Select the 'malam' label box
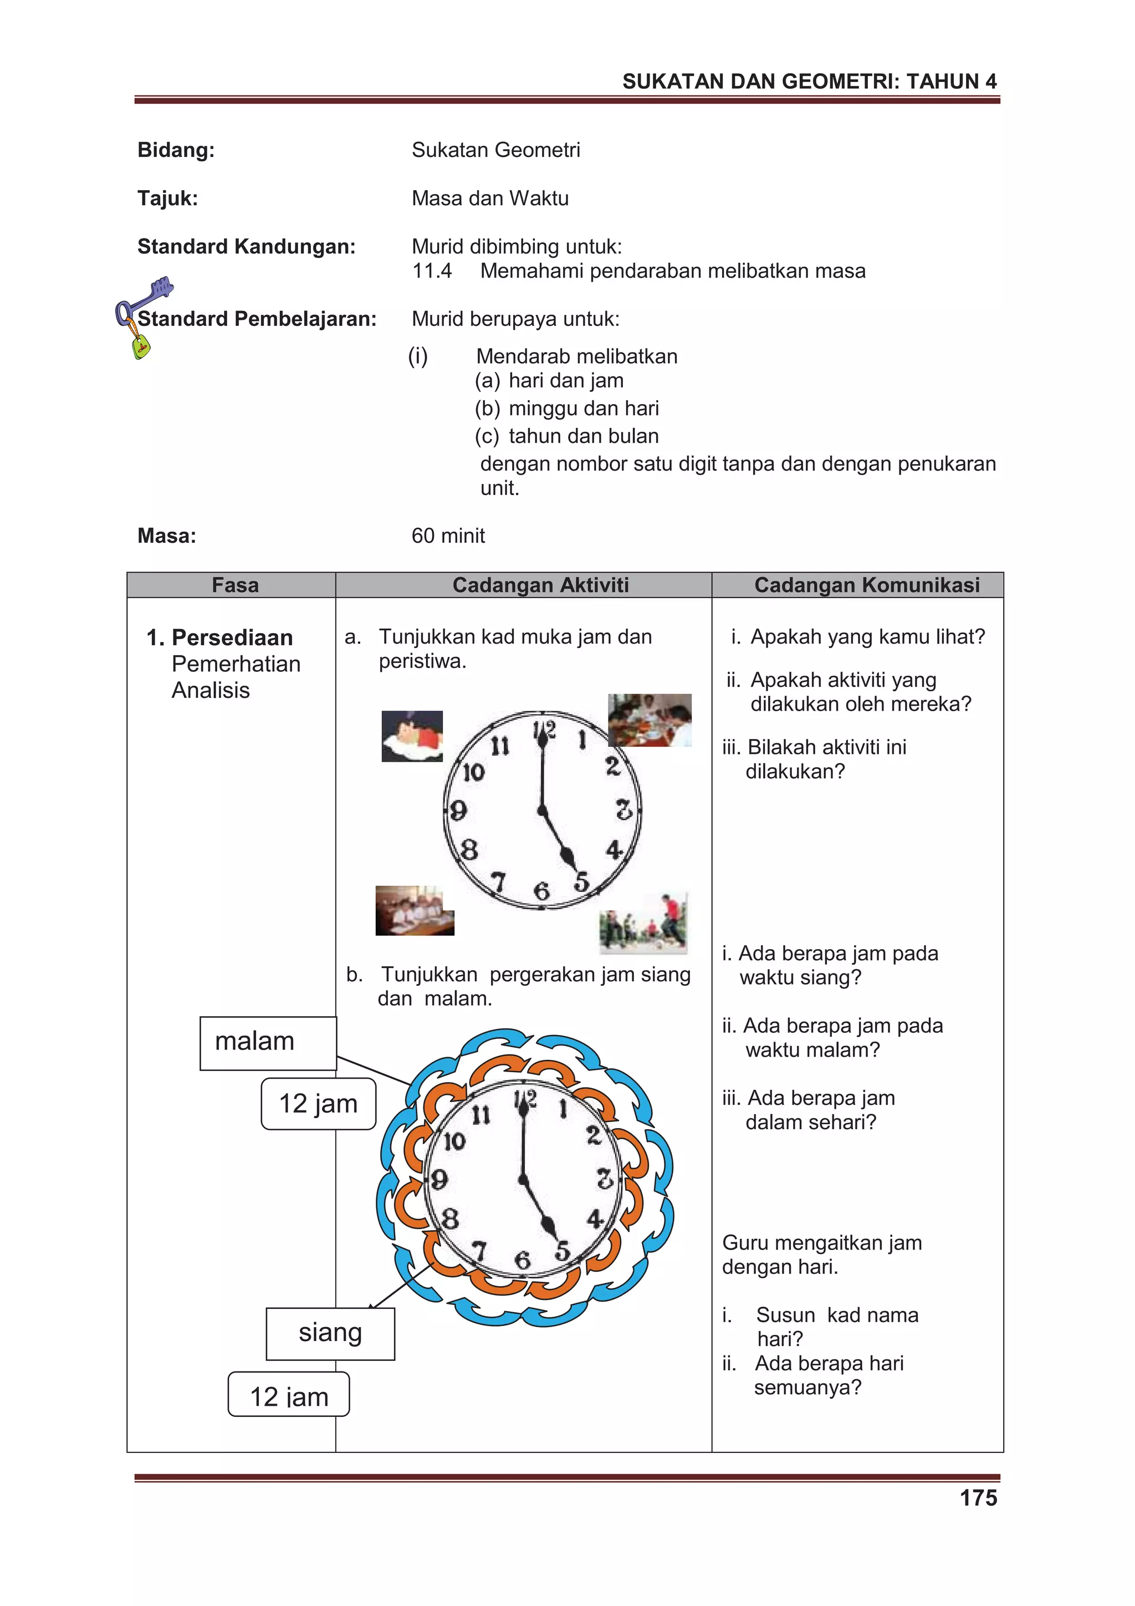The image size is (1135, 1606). pyautogui.click(x=268, y=1042)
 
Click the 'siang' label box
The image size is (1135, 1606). pyautogui.click(x=330, y=1333)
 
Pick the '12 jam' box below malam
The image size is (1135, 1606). pyautogui.click(x=318, y=1104)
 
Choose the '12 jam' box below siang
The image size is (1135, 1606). pyautogui.click(x=289, y=1397)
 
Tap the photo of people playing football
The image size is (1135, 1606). pyautogui.click(x=643, y=924)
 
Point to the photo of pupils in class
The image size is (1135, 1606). pyautogui.click(x=415, y=910)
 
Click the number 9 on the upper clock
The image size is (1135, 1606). pyautogui.click(x=458, y=810)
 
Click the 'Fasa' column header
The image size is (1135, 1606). pyautogui.click(x=235, y=585)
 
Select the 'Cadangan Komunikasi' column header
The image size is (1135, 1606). pyautogui.click(x=866, y=585)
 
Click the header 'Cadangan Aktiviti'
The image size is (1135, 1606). pyautogui.click(x=540, y=585)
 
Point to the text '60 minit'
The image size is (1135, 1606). pyautogui.click(x=448, y=536)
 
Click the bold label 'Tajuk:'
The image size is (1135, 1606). pyautogui.click(x=168, y=198)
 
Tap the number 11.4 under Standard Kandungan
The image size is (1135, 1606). pyautogui.click(x=432, y=271)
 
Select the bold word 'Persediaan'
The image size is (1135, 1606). pyautogui.click(x=232, y=637)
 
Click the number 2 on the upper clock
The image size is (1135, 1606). pyautogui.click(x=612, y=767)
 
